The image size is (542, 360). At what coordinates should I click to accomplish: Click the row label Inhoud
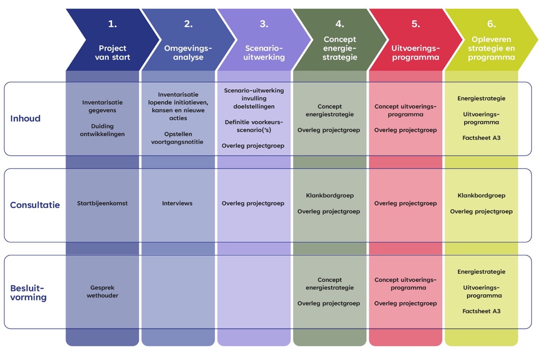[x=25, y=118]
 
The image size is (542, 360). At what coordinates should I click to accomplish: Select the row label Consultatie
[x=35, y=205]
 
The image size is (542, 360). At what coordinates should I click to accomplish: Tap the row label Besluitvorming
[x=28, y=293]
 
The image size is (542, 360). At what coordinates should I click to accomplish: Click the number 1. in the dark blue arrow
[x=112, y=24]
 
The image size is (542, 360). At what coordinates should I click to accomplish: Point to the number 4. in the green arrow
[x=340, y=24]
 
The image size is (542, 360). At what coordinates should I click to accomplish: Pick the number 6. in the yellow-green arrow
[x=491, y=24]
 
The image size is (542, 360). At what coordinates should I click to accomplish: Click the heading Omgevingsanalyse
[x=188, y=53]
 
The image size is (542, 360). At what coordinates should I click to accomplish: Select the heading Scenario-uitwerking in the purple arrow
[x=264, y=53]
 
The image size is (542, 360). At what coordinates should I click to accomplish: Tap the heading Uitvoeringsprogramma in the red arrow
[x=415, y=53]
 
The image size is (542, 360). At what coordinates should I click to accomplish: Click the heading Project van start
[x=112, y=53]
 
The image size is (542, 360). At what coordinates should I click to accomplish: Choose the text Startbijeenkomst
[x=102, y=203]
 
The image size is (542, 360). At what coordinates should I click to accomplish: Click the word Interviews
[x=177, y=203]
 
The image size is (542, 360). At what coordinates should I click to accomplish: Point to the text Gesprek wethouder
[x=102, y=292]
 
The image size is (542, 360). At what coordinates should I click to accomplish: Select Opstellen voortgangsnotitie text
[x=177, y=138]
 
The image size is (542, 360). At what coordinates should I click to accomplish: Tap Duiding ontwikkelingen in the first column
[x=102, y=130]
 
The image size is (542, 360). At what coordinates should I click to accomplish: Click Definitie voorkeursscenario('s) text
[x=254, y=126]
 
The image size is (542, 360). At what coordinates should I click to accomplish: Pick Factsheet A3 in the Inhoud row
[x=481, y=138]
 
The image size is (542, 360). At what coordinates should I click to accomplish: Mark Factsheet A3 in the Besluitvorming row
[x=481, y=311]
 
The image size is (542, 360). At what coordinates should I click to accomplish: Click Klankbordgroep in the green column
[x=330, y=196]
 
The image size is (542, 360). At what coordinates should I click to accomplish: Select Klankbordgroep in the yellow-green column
[x=481, y=196]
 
